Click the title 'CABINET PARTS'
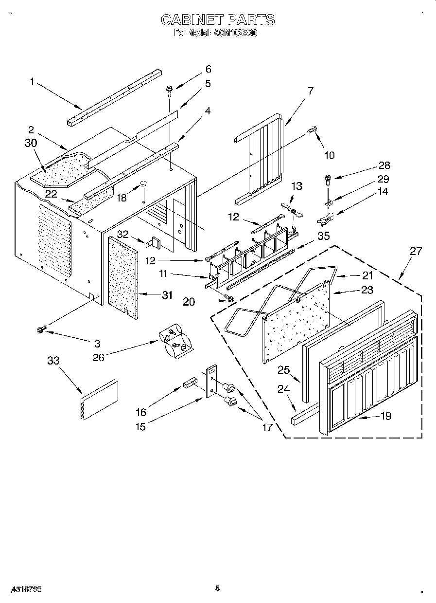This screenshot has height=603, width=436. [217, 20]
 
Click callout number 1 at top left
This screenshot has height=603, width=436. [32, 82]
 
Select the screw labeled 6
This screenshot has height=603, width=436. [170, 89]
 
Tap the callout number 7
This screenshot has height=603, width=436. [310, 91]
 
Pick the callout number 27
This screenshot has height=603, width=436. [416, 251]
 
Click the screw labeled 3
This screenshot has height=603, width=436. [40, 330]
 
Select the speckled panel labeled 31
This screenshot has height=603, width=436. [122, 275]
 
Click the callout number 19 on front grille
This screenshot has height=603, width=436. [385, 416]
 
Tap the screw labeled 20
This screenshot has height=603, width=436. [228, 298]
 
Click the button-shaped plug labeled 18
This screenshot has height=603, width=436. [144, 183]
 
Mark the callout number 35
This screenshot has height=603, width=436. [323, 237]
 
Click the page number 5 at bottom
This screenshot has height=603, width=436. [217, 588]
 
